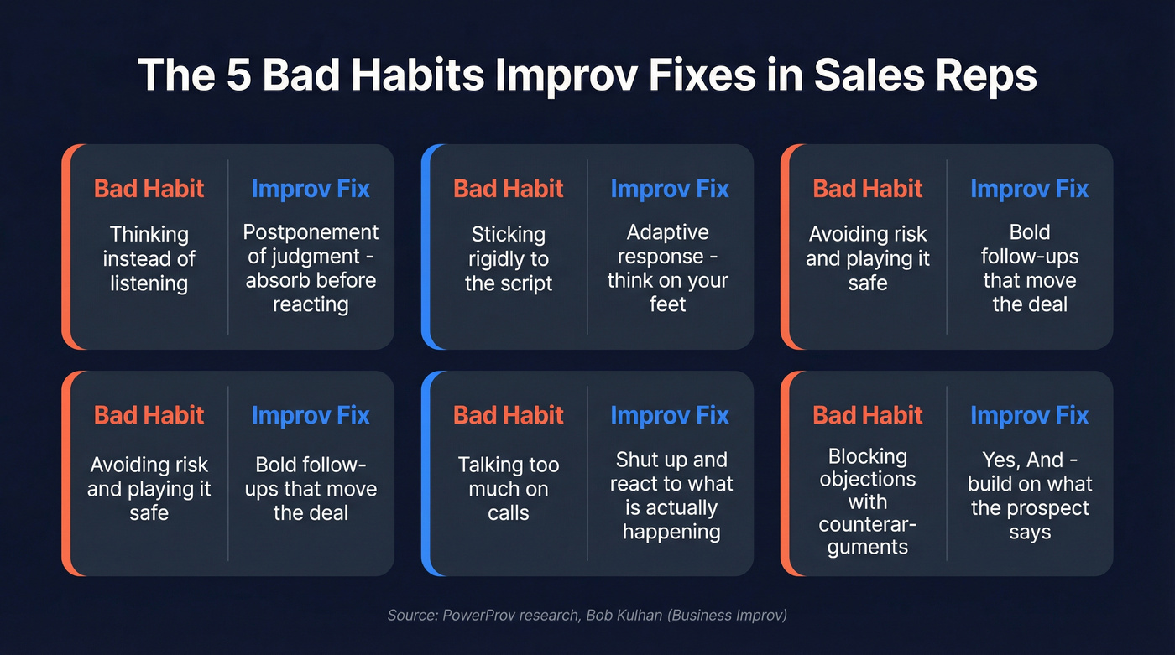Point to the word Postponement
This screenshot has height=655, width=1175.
coord(311,231)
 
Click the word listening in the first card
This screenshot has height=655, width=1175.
coord(149,283)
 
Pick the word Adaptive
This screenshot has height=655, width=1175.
coord(668,231)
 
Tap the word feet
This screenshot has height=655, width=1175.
coord(668,304)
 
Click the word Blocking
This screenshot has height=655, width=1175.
coord(867,456)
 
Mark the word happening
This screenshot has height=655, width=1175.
coord(671,531)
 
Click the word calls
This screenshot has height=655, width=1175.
coord(509,512)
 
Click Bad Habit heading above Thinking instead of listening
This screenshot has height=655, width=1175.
coord(149,189)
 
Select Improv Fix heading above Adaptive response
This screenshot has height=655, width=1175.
coord(670,189)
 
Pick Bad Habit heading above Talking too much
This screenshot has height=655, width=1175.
coord(509,415)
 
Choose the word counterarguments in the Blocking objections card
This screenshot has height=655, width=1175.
coord(867,536)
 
